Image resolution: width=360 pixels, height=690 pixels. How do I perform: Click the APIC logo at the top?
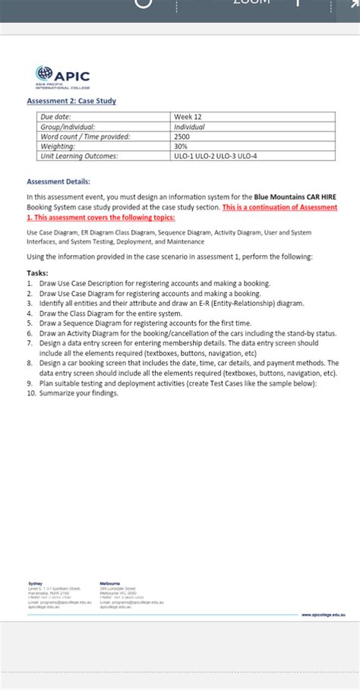point(63,78)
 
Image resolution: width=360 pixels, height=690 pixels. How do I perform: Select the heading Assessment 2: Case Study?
point(71,101)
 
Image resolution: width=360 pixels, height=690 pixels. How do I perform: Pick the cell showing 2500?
point(183,137)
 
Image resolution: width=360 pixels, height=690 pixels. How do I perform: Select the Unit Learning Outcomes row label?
point(80,156)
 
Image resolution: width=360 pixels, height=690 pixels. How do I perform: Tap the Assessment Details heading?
point(58,181)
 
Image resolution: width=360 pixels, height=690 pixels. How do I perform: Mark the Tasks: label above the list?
point(37,273)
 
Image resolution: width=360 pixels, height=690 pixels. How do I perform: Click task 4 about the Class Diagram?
point(110,313)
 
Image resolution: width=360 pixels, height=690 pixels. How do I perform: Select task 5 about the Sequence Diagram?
point(137,323)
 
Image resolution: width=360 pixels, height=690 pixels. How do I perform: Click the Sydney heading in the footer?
point(35,584)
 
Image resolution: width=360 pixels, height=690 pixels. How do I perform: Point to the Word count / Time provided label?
point(86,137)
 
